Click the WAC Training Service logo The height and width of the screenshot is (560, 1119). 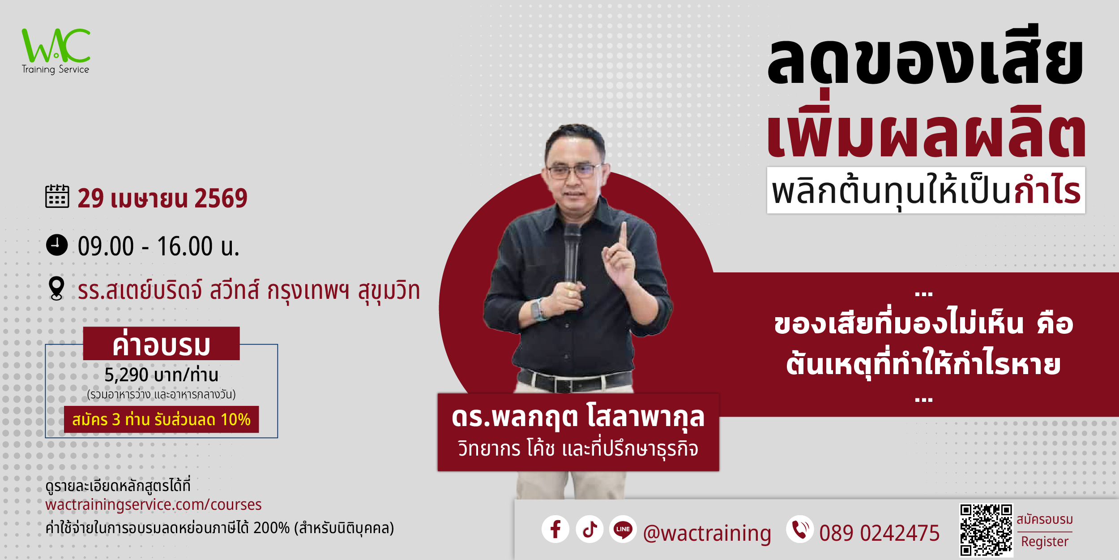56,51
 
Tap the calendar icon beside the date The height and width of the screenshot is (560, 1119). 57,196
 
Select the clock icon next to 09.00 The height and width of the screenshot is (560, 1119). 57,245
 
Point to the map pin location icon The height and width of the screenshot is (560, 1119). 56,289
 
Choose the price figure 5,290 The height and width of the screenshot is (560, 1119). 126,375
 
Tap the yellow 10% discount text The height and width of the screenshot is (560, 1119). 235,420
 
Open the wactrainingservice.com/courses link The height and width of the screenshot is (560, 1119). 154,504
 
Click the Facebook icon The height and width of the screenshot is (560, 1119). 555,529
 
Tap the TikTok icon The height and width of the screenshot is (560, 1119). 589,529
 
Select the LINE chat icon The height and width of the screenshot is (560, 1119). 623,529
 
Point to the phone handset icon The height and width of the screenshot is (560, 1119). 800,529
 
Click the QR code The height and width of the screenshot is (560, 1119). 986,530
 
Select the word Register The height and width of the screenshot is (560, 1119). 1045,542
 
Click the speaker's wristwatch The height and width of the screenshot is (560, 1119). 538,310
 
